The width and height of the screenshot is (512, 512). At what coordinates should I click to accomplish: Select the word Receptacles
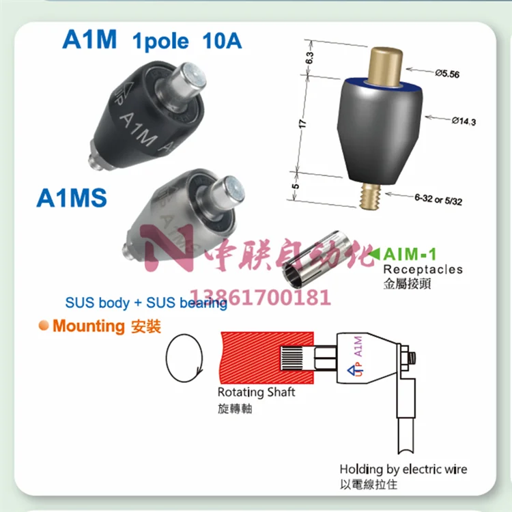(422, 269)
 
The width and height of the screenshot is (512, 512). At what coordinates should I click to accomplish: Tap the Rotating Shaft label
(257, 393)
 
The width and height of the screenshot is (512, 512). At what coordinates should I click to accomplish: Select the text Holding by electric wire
(403, 469)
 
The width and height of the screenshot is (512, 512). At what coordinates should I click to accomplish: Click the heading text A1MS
(72, 198)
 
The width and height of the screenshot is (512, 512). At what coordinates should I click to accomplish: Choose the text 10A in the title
(222, 40)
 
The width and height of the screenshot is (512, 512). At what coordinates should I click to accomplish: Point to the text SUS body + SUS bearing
(146, 302)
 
